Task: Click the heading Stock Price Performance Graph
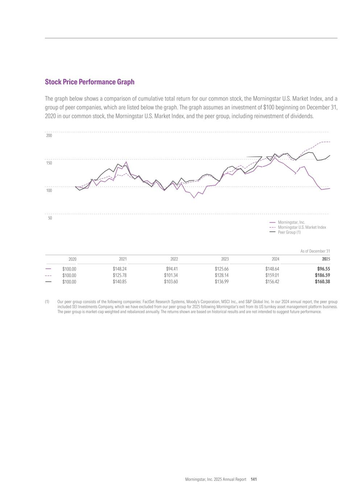[90, 82]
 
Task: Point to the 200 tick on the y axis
[49, 136]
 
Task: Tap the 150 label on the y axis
[49, 163]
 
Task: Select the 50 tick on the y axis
[50, 218]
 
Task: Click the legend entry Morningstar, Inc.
[291, 222]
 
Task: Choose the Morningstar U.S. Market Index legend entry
[302, 227]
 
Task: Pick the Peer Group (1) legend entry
[289, 232]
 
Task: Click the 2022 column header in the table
[174, 259]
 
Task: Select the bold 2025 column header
[326, 259]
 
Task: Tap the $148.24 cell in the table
[120, 269]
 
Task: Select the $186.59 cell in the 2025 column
[322, 275]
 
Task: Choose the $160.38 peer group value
[322, 281]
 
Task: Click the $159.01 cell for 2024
[272, 275]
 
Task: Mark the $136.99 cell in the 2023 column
[222, 281]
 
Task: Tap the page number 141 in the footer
[254, 479]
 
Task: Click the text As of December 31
[315, 251]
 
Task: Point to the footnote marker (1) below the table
[47, 302]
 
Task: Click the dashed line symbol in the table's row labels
[48, 275]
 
